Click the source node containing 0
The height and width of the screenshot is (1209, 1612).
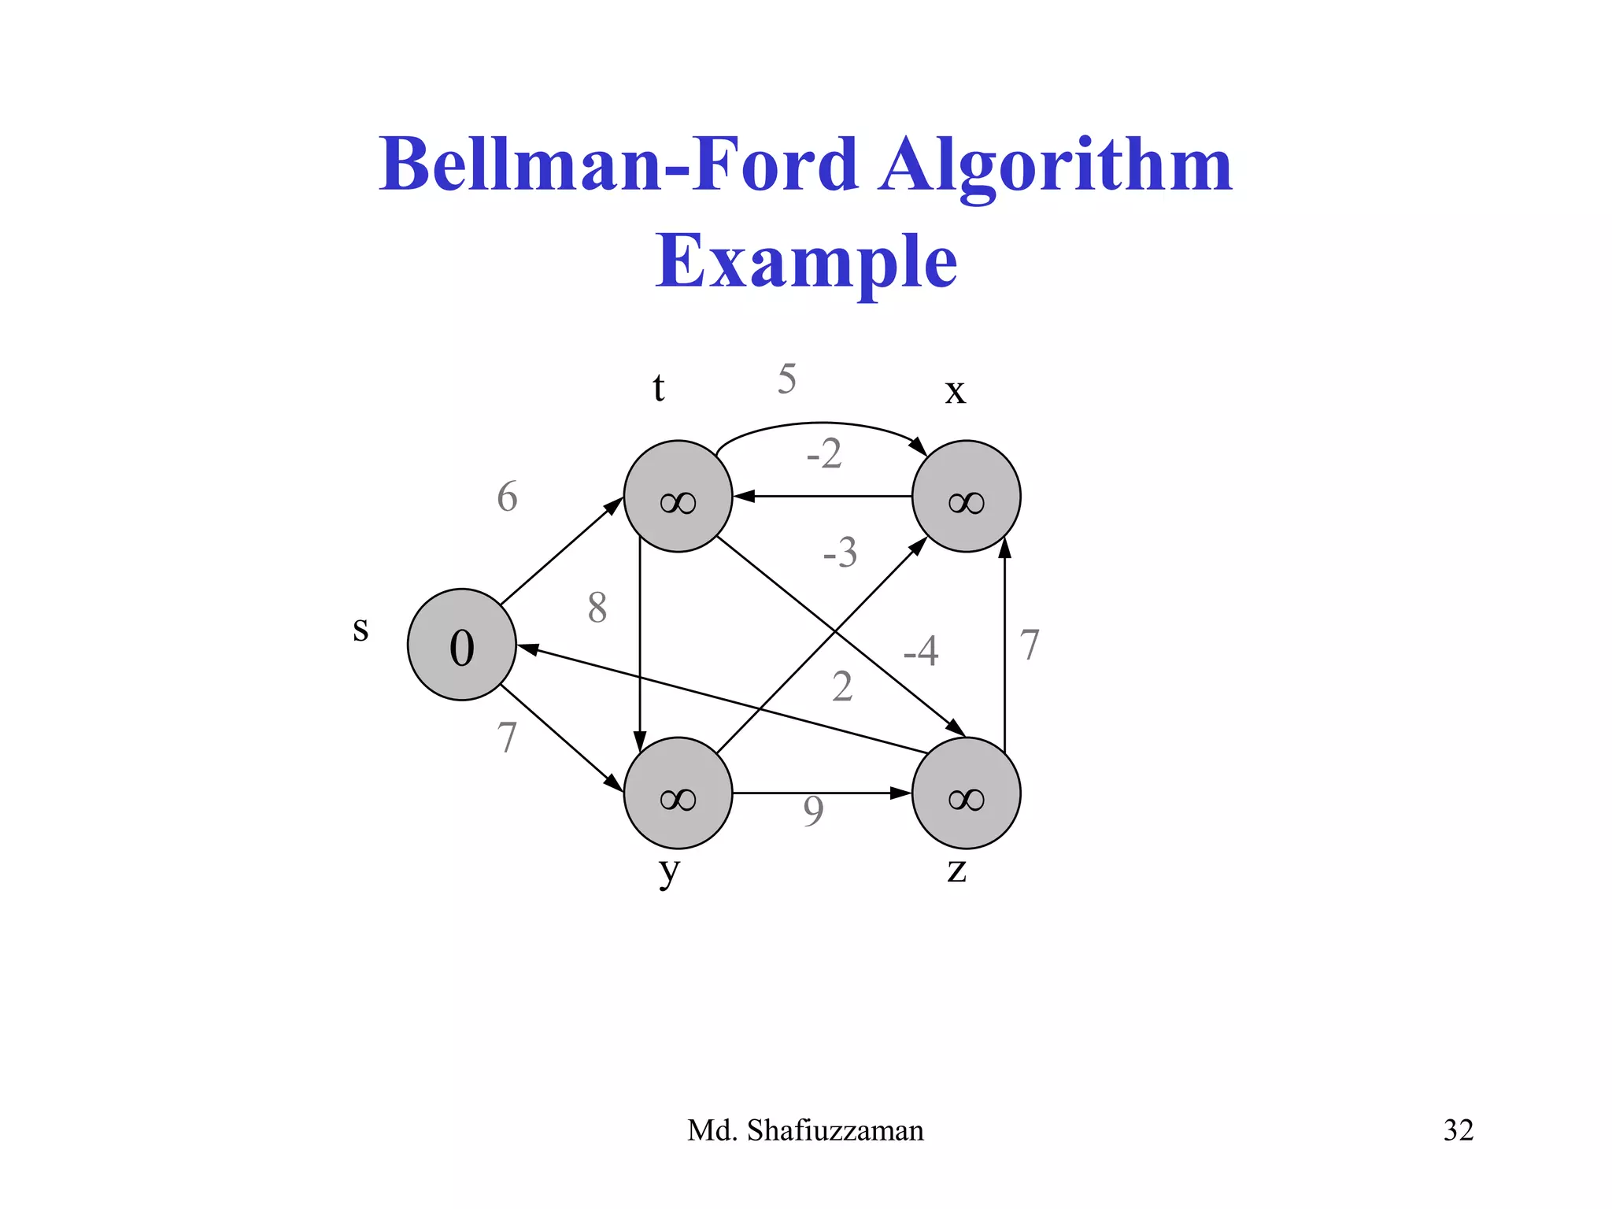(x=462, y=645)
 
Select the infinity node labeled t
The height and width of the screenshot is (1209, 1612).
(x=678, y=497)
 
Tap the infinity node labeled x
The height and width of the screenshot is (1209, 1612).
(x=966, y=497)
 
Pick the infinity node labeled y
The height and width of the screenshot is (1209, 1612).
(x=678, y=793)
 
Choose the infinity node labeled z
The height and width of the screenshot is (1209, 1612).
(x=966, y=793)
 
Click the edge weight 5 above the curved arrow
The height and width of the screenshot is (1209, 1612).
(x=787, y=379)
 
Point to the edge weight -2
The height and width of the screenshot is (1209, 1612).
(x=824, y=454)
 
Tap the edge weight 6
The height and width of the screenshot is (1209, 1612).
(x=508, y=497)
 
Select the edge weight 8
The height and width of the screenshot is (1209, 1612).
(x=597, y=608)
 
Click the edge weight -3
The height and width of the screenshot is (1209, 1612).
(x=839, y=553)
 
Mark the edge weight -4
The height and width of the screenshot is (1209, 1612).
(x=920, y=651)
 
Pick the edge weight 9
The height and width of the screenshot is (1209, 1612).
(x=813, y=812)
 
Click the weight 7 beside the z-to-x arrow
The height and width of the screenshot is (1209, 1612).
(x=1030, y=645)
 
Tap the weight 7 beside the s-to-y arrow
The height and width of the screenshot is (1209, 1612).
(x=508, y=738)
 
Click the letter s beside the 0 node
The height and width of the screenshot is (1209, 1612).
(x=360, y=630)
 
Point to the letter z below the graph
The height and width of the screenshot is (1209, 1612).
(x=956, y=871)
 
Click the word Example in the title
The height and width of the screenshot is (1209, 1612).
(x=806, y=261)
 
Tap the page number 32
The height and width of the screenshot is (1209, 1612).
(x=1458, y=1130)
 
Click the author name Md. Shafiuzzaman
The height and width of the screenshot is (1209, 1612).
(x=805, y=1130)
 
